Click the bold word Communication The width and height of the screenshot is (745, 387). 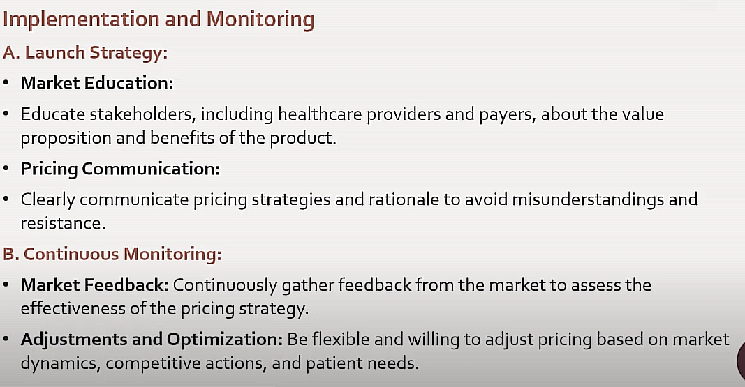(151, 169)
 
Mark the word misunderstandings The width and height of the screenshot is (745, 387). (588, 200)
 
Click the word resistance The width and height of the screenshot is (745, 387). (63, 223)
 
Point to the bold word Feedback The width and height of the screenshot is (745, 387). (126, 285)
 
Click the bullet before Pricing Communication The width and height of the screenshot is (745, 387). (6, 169)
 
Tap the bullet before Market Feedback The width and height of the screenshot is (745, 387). (6, 285)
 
